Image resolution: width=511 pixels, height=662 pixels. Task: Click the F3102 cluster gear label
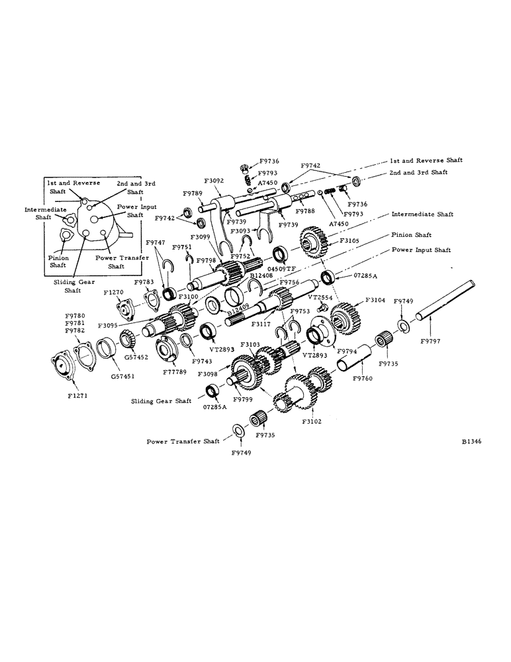click(313, 420)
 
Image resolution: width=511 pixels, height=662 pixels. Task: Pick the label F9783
click(144, 282)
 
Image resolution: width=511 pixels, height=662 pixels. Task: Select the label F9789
click(193, 193)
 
